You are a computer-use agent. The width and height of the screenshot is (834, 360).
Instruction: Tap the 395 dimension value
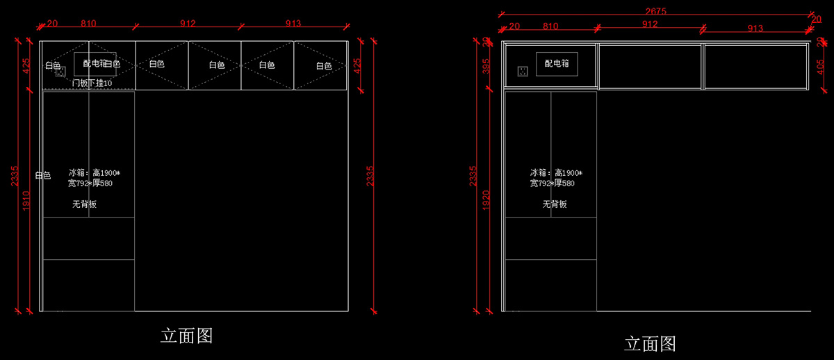[486, 67]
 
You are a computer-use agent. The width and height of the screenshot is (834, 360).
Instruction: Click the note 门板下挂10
[92, 83]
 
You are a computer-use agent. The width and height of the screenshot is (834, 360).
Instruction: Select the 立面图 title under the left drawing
[186, 336]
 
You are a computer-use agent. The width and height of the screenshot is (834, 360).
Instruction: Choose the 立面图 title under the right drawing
[649, 343]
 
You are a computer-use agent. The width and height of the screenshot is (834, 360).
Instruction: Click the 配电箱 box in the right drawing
[557, 63]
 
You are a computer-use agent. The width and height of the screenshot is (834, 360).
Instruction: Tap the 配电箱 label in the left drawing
[95, 63]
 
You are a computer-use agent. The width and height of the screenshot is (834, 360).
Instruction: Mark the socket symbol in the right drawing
[522, 71]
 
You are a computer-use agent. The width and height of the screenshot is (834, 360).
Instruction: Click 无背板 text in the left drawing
[84, 204]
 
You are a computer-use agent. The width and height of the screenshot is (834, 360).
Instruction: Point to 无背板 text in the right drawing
[555, 204]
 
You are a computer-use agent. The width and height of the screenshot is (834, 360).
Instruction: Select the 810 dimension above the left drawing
[88, 24]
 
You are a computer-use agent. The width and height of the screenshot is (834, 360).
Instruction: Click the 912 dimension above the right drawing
[650, 24]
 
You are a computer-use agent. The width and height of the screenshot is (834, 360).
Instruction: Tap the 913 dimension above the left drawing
[293, 24]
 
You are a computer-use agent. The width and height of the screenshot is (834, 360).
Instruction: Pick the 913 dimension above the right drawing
[755, 28]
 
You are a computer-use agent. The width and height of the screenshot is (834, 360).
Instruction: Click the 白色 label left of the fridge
[42, 175]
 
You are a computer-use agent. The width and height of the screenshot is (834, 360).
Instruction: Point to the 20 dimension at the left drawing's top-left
[52, 24]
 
